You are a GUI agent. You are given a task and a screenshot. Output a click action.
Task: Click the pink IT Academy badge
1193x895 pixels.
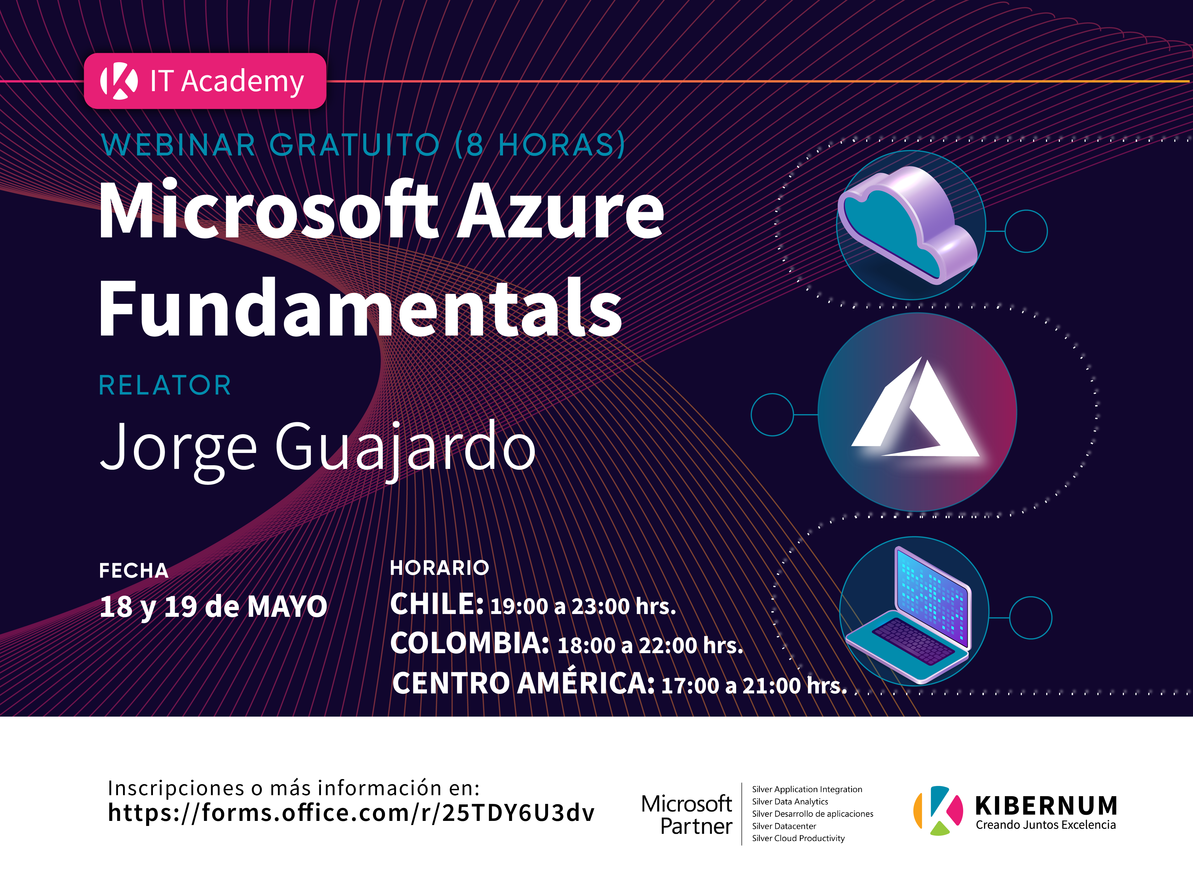coord(205,81)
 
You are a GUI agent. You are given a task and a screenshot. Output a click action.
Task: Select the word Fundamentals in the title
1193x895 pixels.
coord(360,308)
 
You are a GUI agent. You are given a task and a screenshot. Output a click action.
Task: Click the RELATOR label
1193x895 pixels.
coord(165,385)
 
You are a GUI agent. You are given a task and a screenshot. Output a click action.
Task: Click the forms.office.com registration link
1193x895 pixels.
coord(351,813)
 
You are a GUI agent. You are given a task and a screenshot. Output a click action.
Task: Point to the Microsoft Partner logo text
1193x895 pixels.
coord(687,815)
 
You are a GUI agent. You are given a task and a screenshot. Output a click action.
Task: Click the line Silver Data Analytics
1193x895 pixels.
coord(790,802)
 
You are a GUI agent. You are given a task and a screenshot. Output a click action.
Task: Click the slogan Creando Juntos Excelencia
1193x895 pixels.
coord(1046,825)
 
